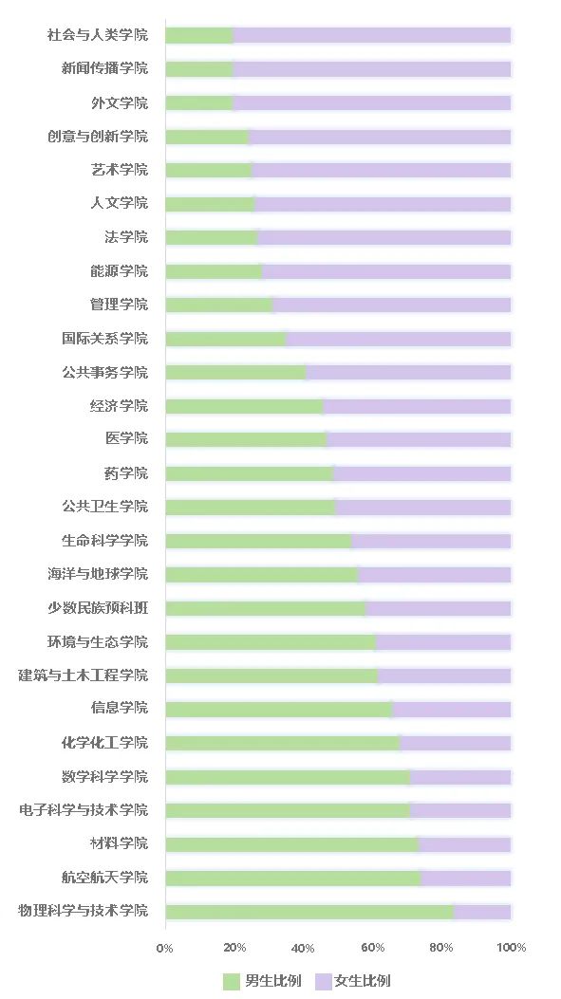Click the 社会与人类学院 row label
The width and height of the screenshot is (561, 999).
point(98,35)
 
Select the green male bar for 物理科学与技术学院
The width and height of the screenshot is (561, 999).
point(309,912)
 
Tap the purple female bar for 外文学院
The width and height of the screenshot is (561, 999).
point(371,102)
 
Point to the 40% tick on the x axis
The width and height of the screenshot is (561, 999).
point(304,948)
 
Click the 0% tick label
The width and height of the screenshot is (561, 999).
point(165,948)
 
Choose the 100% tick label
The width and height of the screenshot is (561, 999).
point(512,948)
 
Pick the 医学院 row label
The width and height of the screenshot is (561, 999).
point(126,439)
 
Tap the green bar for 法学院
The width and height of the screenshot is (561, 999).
point(211,237)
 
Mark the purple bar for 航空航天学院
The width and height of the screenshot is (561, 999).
point(465,878)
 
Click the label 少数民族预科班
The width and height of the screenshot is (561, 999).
point(104,608)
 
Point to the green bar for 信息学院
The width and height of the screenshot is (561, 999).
point(278,709)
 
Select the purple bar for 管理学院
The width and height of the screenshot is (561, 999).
point(391,305)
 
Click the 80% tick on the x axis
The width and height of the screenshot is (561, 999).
point(442,948)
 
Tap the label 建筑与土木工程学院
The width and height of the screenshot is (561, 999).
point(84,675)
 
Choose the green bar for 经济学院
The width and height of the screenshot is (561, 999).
point(244,406)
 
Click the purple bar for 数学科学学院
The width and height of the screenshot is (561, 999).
point(460,777)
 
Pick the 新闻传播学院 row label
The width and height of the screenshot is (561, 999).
point(104,68)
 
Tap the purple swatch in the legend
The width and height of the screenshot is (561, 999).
point(323,981)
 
